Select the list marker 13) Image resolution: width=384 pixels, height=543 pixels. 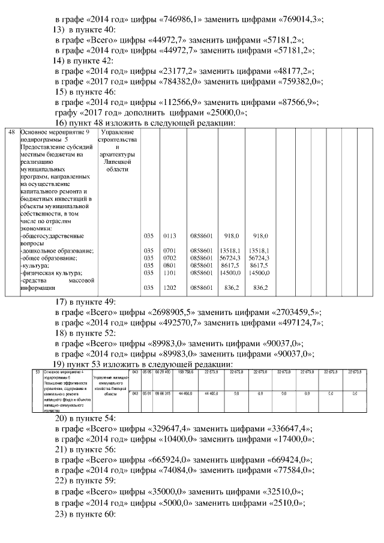[x=60, y=29]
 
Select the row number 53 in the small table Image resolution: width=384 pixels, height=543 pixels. [x=38, y=373]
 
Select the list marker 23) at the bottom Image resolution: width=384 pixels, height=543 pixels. [x=64, y=512]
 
